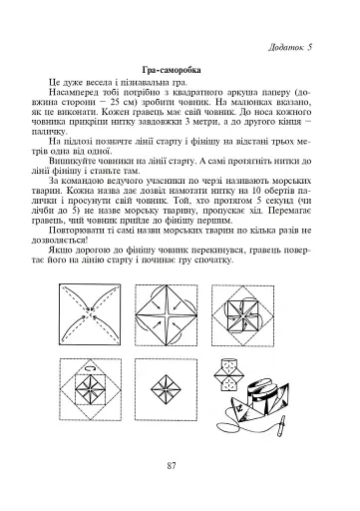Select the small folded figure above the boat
pos(232,364)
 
